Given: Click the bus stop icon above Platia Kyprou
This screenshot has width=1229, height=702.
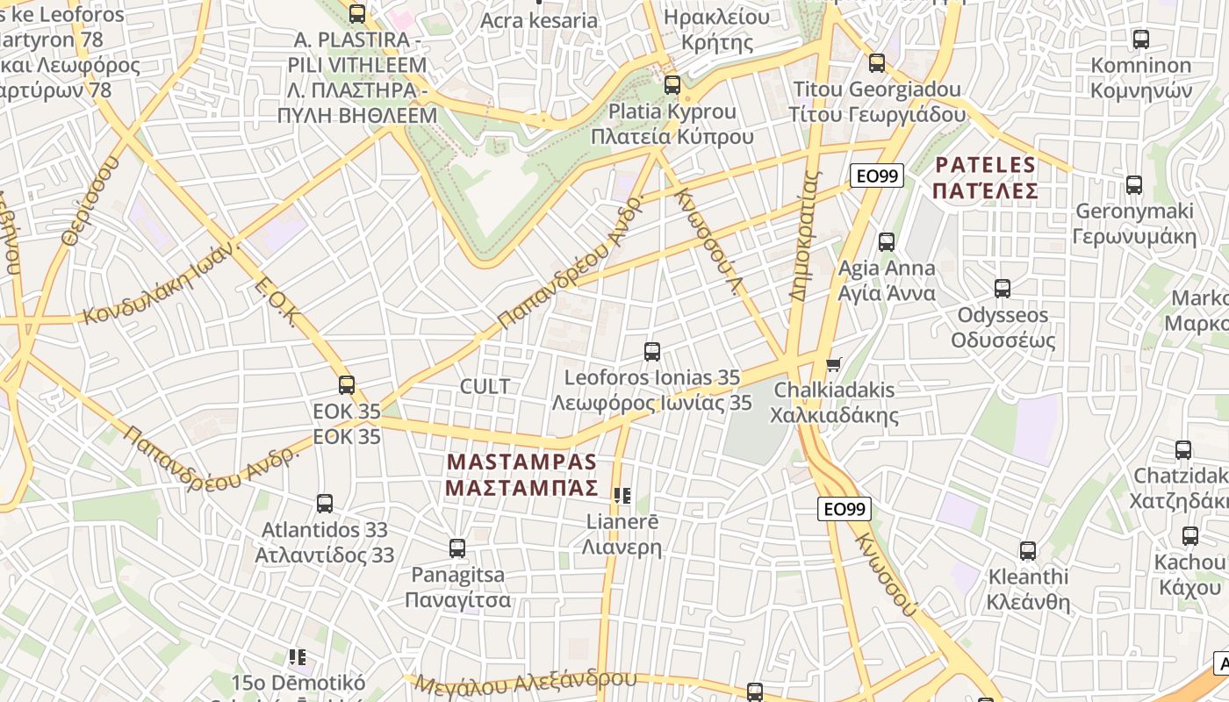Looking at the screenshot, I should click(x=672, y=85).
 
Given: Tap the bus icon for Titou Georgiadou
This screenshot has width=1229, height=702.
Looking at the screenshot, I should click(x=877, y=63).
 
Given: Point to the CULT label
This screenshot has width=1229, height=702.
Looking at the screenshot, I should click(x=485, y=386).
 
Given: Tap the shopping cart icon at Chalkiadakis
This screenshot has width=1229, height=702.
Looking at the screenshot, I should click(x=834, y=363).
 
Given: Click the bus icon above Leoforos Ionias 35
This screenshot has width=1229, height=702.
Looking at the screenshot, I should click(x=652, y=352).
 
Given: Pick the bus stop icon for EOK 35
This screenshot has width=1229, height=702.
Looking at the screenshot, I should click(x=347, y=384).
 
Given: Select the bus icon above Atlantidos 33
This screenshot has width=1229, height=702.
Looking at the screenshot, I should click(x=325, y=504).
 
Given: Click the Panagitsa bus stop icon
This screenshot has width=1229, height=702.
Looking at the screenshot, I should click(x=457, y=548).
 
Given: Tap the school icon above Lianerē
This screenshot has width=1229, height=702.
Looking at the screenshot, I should click(x=622, y=496).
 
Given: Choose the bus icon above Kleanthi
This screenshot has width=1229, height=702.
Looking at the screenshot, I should click(x=1028, y=551).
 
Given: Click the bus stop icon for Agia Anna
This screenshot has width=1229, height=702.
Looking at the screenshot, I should click(x=887, y=242).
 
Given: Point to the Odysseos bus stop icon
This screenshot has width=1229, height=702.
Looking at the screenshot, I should click(x=1003, y=289).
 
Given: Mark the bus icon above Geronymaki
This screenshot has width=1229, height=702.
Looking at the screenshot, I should click(x=1134, y=185).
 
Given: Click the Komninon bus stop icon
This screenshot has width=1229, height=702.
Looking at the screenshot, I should click(x=1141, y=39).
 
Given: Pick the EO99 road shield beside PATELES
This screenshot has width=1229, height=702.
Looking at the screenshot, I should click(x=877, y=176).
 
